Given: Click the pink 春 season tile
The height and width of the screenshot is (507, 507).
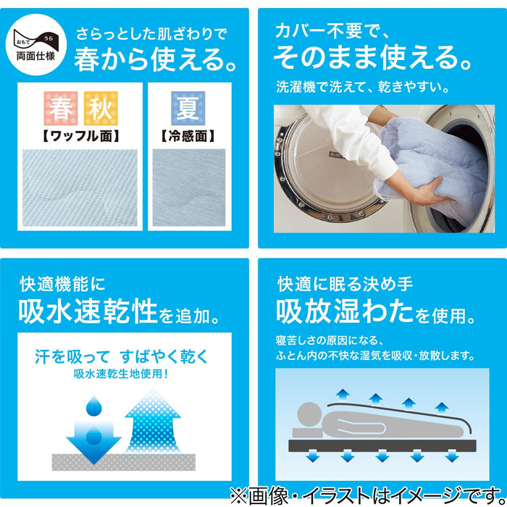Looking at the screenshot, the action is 61,109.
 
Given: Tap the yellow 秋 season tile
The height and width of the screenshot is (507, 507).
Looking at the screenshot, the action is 101,109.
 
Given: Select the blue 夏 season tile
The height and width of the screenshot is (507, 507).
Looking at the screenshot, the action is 188,109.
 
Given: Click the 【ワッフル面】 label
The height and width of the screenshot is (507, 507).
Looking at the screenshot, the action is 80,136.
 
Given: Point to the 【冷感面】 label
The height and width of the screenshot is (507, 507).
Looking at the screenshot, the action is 188,136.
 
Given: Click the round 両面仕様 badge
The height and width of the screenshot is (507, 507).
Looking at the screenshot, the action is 36,44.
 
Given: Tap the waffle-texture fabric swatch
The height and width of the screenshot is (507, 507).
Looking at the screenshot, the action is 80,188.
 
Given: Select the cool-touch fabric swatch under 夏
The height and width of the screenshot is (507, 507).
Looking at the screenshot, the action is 189,188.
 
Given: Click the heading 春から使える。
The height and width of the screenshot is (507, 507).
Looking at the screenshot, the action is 156,59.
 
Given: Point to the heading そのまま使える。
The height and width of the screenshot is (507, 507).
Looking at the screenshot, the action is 372,57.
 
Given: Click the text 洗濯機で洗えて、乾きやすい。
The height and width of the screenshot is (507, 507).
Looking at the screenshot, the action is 362,87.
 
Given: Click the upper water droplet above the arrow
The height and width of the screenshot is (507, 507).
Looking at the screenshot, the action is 94,406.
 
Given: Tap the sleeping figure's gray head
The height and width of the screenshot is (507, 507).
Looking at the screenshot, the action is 310,414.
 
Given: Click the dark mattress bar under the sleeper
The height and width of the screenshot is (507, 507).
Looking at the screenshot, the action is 382,445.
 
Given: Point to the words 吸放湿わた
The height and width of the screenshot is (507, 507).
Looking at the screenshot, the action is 345,311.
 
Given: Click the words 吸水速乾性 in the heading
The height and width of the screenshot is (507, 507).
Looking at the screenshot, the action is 88,311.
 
